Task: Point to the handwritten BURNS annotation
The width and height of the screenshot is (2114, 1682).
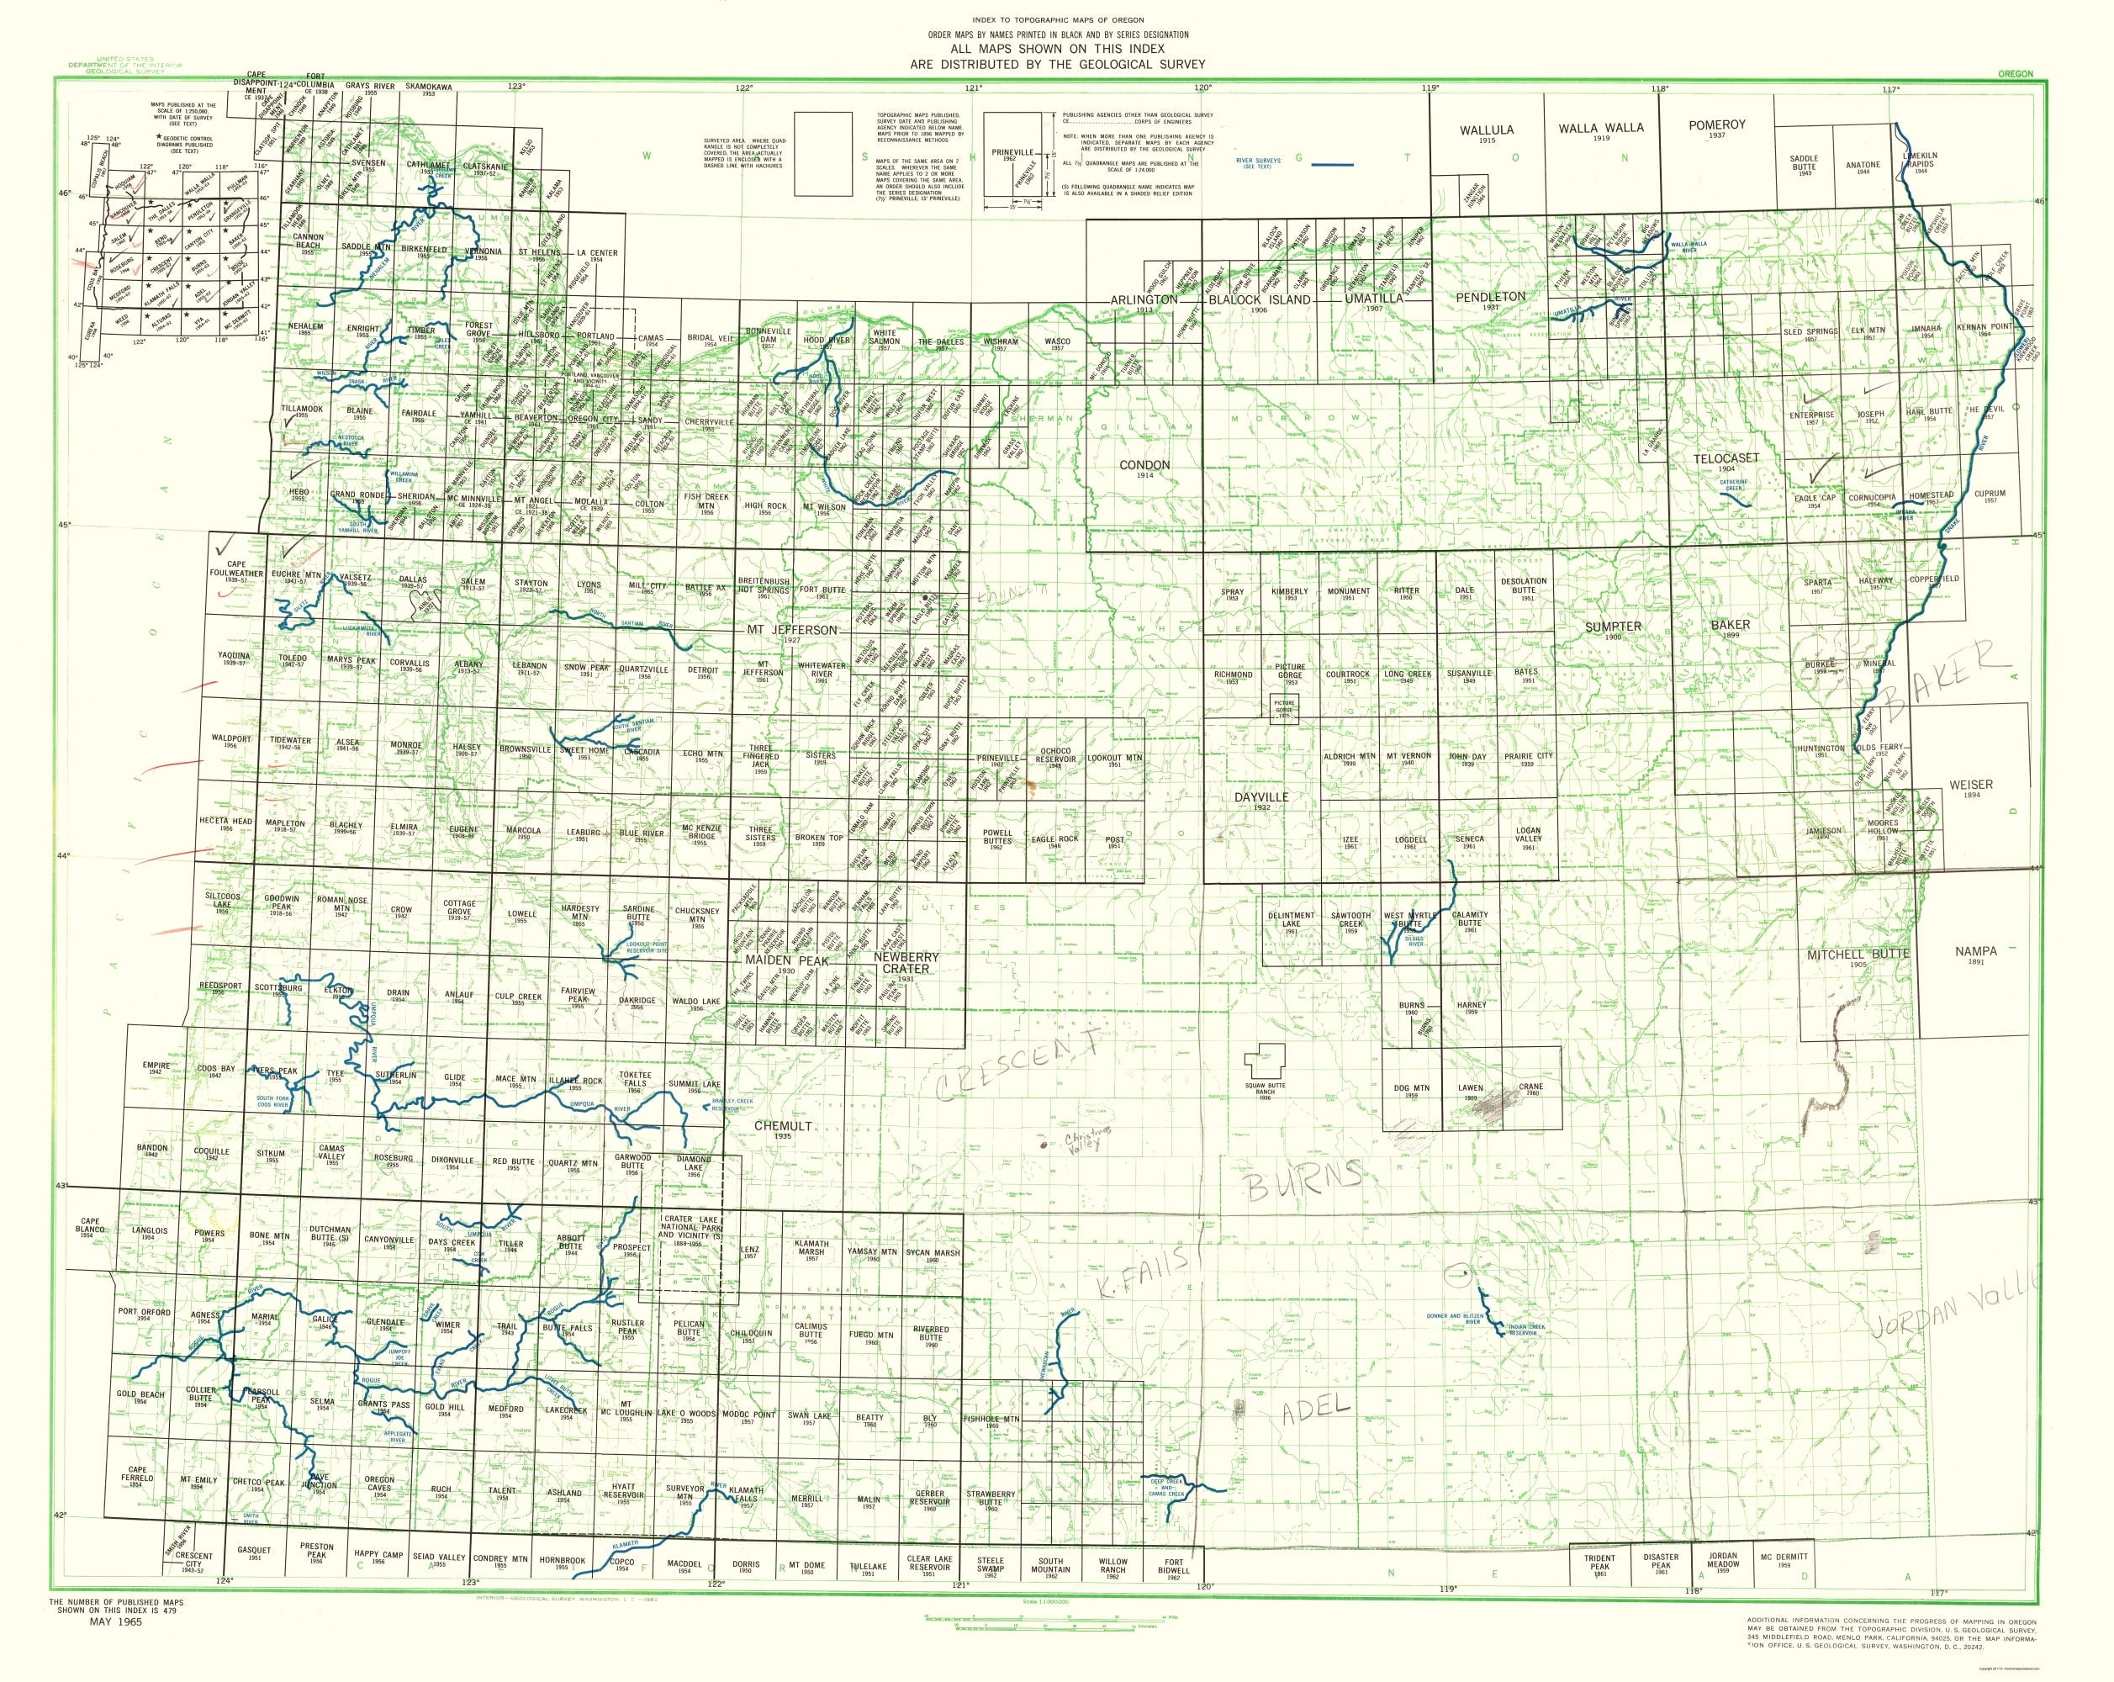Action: click(x=1304, y=1180)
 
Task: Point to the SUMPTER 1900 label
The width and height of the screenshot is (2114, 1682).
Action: click(x=1614, y=629)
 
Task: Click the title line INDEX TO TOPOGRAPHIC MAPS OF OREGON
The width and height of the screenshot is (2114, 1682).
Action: click(x=1056, y=20)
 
